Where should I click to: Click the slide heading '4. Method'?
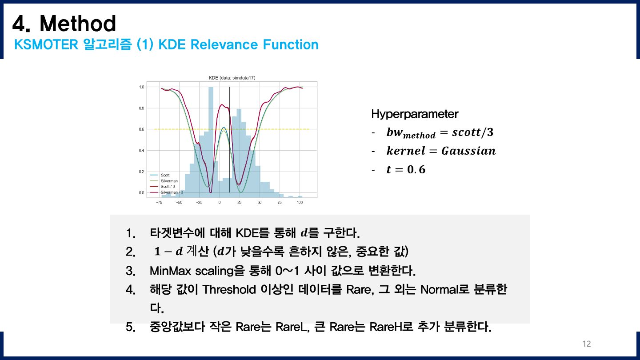pos(64,24)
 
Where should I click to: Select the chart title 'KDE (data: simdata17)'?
pos(232,78)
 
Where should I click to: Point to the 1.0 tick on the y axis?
pos(141,87)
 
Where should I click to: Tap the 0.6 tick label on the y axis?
pos(141,129)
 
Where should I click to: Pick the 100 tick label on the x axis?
pos(300,202)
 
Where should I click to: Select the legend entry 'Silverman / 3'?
pos(172,192)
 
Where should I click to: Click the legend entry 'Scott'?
pos(165,175)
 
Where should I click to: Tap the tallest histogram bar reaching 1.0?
pos(211,133)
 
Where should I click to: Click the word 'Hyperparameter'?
pos(414,114)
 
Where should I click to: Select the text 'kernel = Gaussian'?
pos(441,151)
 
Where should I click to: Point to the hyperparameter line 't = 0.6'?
pos(406,169)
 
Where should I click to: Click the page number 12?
pos(586,344)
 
